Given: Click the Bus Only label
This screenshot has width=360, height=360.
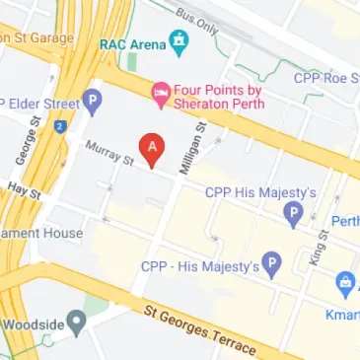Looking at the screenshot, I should coord(197,18).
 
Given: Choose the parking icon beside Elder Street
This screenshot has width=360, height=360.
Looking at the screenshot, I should coord(93,99).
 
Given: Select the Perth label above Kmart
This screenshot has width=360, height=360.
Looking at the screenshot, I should coord(345,220).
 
